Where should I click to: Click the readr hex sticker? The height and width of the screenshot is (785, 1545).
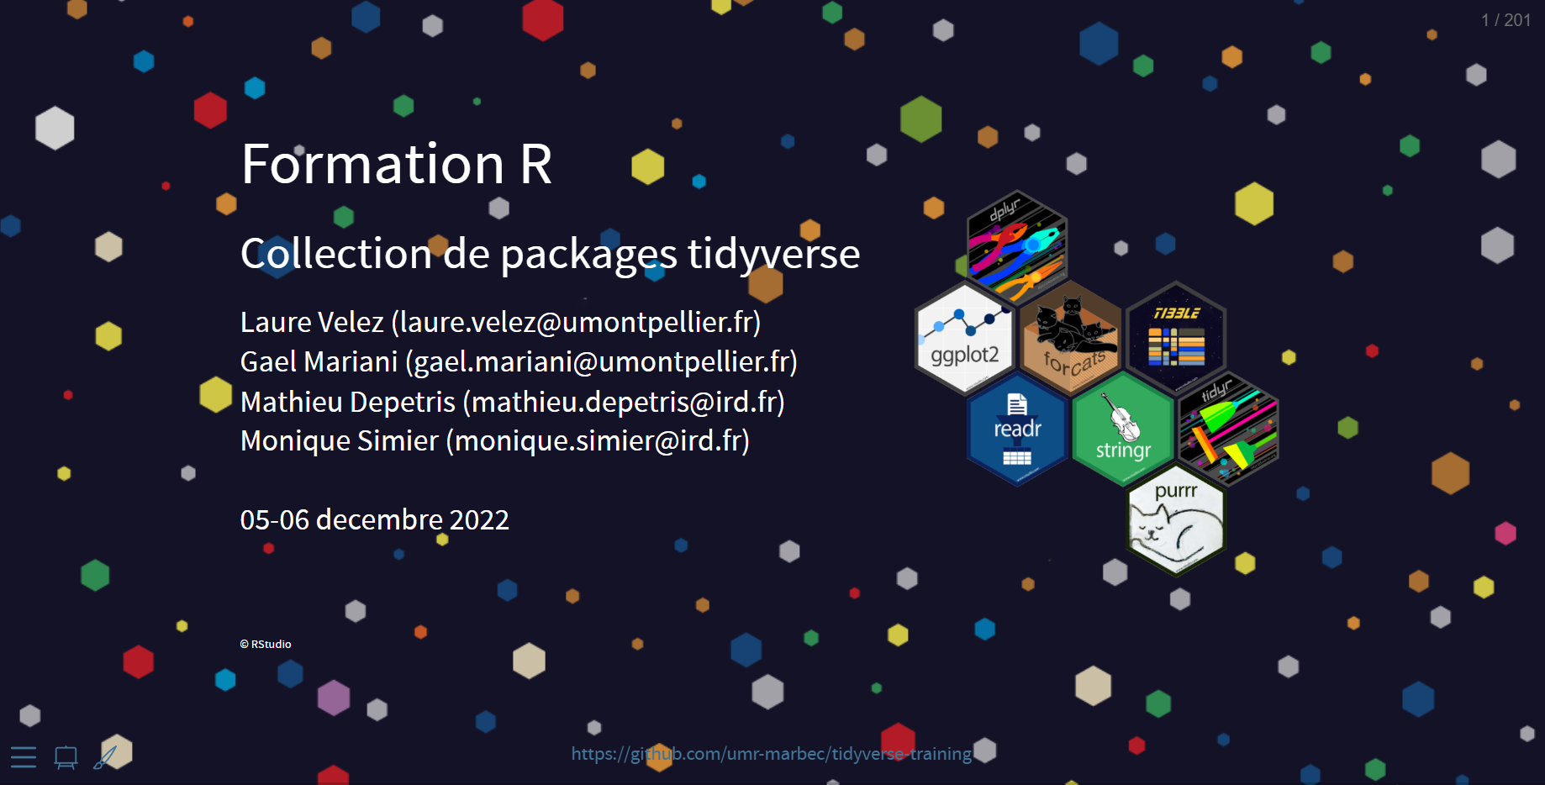[1017, 429]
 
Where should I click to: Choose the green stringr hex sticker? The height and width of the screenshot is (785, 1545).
[1123, 429]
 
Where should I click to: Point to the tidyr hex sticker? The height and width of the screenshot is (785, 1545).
[1228, 429]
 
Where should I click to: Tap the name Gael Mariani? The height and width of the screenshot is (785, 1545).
[319, 361]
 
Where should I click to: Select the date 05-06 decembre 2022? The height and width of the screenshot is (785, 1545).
[375, 519]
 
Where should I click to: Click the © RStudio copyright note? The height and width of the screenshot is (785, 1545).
[266, 644]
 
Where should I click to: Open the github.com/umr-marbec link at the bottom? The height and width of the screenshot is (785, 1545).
[772, 754]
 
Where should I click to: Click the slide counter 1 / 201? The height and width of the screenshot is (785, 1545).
[1505, 20]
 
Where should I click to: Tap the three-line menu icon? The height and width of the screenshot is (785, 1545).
[24, 757]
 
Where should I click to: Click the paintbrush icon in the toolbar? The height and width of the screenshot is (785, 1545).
[105, 756]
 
